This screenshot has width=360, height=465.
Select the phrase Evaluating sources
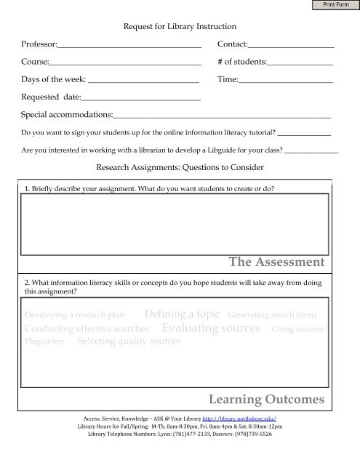212,328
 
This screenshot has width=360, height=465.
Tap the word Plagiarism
44,341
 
